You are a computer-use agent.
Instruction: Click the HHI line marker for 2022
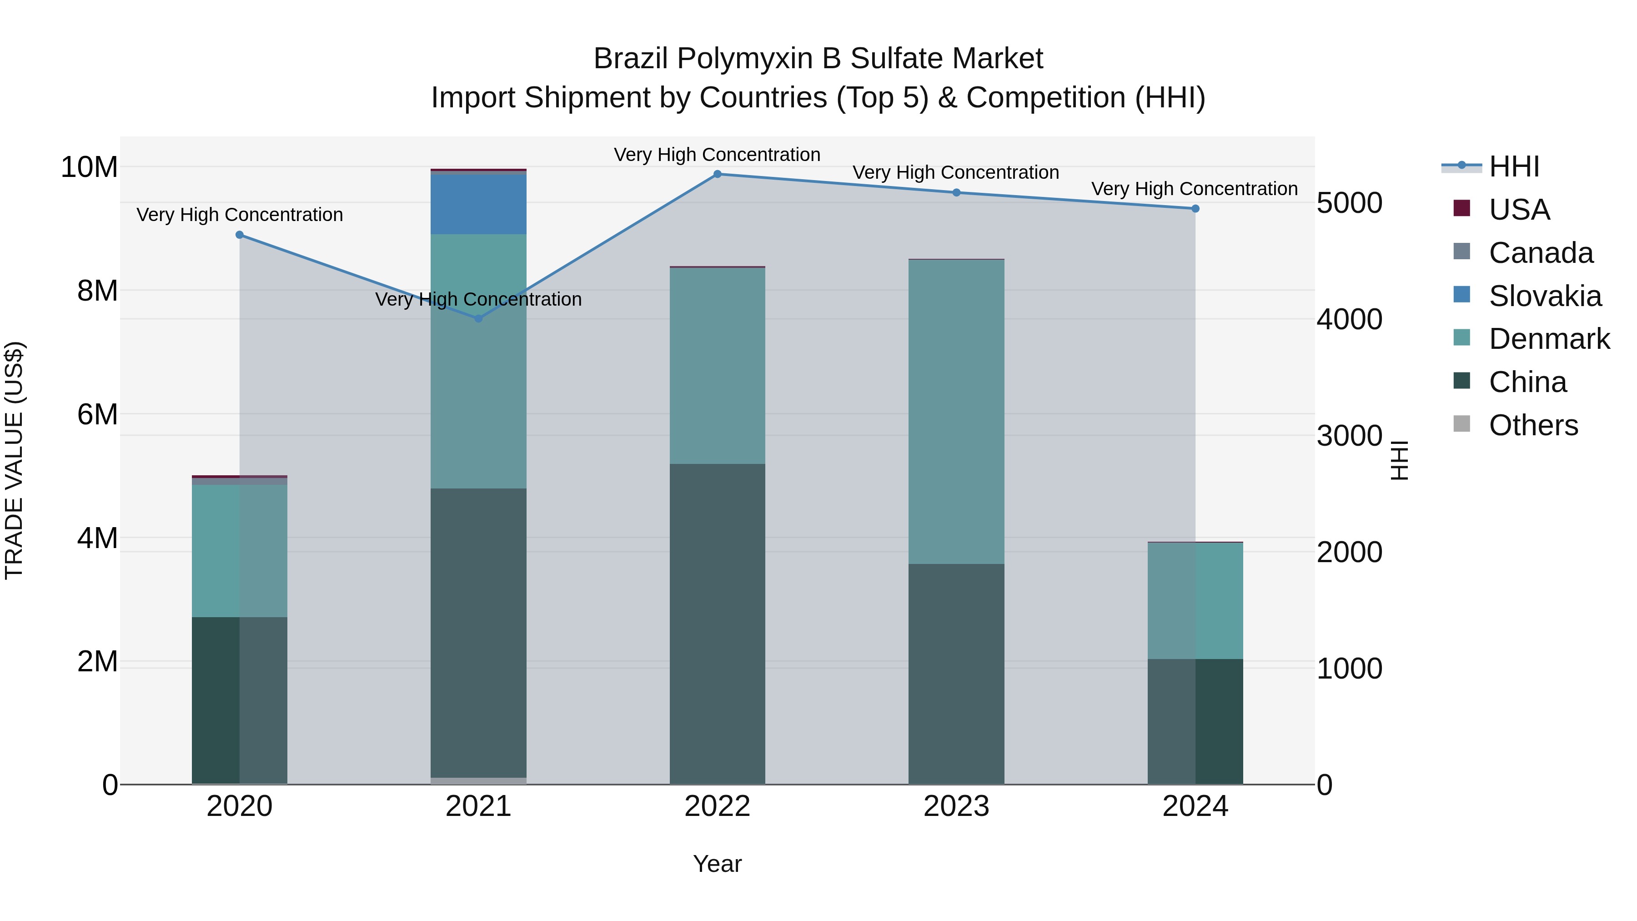click(x=718, y=174)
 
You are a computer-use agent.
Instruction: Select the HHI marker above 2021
click(x=478, y=318)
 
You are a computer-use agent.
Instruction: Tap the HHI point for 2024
click(x=1195, y=208)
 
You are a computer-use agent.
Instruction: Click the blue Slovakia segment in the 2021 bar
click(x=478, y=203)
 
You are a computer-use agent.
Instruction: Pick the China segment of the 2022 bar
click(x=718, y=623)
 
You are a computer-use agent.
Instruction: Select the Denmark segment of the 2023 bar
click(x=956, y=412)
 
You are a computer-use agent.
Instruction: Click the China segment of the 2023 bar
click(x=956, y=674)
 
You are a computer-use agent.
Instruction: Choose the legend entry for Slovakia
click(x=1545, y=296)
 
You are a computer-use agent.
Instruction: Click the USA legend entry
click(x=1519, y=210)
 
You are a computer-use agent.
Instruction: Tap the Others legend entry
click(x=1533, y=425)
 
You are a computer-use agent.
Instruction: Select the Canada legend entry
click(x=1541, y=253)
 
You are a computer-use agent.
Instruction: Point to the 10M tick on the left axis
click(x=89, y=167)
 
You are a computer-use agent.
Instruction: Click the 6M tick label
click(x=97, y=414)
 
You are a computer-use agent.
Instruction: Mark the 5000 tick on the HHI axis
click(x=1349, y=203)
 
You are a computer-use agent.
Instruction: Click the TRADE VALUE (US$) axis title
click(x=14, y=460)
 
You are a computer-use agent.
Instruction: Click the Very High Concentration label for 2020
click(x=240, y=215)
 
